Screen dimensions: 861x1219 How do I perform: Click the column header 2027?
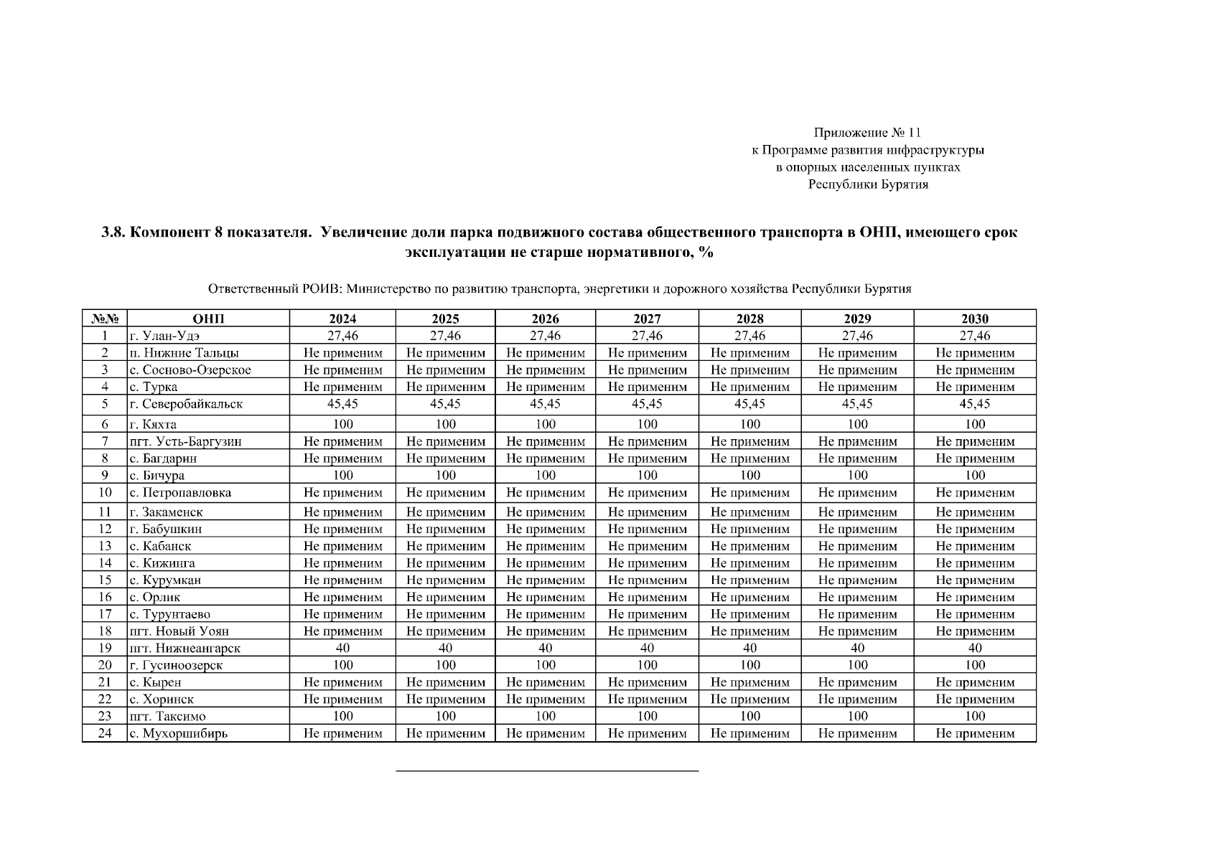(x=647, y=319)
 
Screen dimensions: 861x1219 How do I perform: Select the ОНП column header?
(x=208, y=319)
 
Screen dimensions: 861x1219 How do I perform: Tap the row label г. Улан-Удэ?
(x=164, y=336)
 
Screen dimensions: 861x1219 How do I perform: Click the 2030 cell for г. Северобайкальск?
(x=974, y=404)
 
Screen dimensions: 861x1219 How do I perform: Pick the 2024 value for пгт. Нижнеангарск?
(x=342, y=648)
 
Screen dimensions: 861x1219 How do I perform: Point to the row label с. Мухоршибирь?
(x=178, y=733)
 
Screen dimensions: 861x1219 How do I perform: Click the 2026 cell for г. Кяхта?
(x=545, y=424)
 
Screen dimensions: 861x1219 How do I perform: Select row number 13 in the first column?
(x=105, y=546)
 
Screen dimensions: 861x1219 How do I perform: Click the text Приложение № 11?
(x=867, y=133)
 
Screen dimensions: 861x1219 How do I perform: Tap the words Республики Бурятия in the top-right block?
(x=868, y=184)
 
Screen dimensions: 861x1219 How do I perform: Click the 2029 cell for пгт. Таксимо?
(x=857, y=716)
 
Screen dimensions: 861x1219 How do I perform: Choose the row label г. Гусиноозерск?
(x=176, y=665)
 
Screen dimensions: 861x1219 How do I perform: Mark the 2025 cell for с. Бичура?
(x=445, y=475)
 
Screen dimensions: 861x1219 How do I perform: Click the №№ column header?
(x=105, y=319)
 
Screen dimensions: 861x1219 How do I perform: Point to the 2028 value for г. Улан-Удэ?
(x=749, y=336)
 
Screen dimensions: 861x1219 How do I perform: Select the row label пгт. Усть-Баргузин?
(x=185, y=441)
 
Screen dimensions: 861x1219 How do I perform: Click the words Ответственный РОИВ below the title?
(x=274, y=289)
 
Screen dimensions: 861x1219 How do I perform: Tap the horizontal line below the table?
(x=547, y=771)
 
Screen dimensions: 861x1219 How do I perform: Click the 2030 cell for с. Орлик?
(x=974, y=597)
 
